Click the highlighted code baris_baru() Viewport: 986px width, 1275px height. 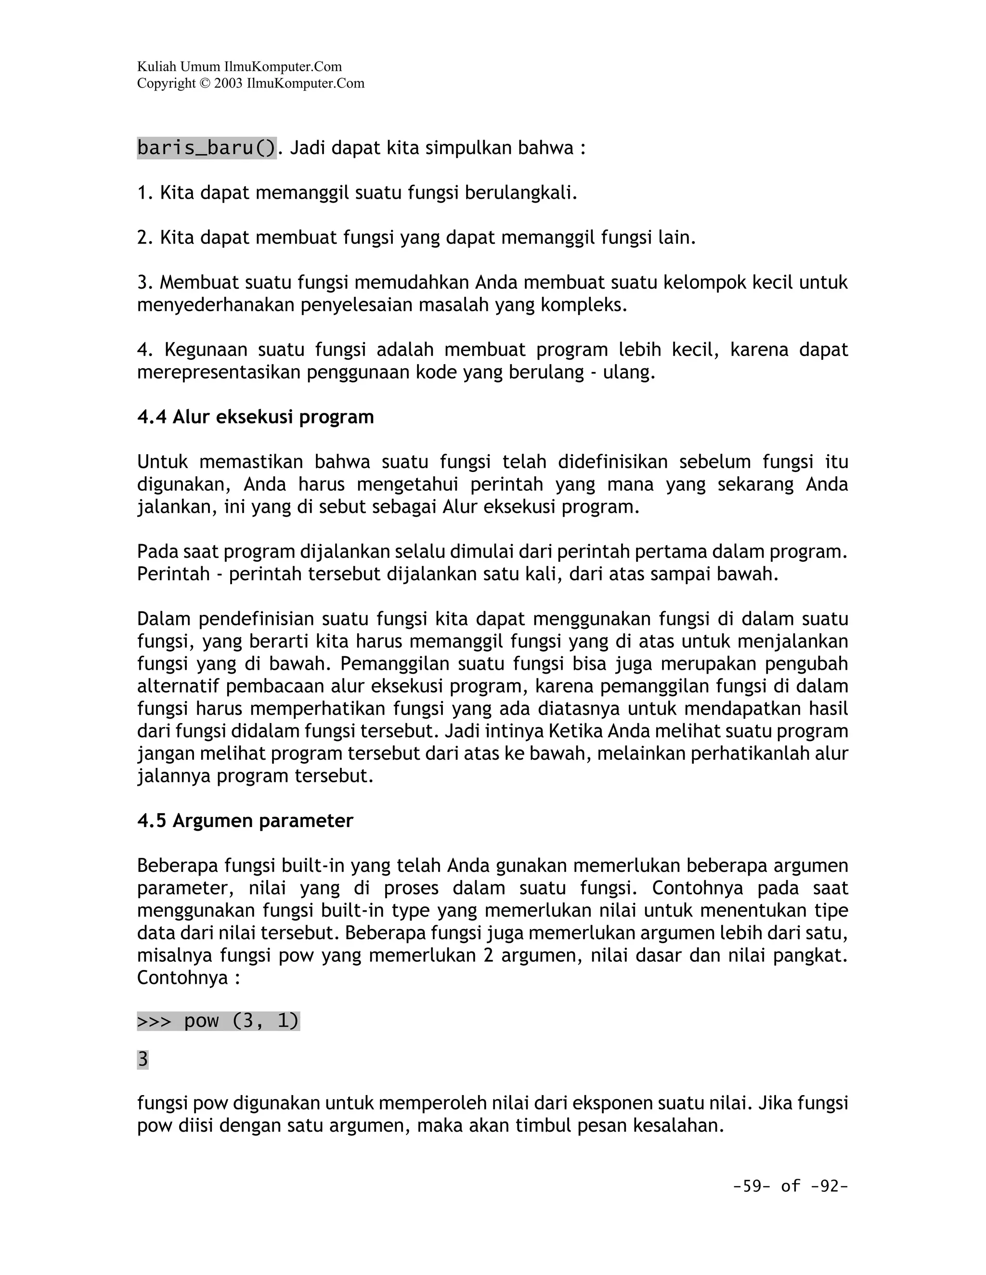(206, 148)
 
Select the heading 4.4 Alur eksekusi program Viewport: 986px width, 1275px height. (255, 418)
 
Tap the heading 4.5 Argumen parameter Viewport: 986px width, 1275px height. (246, 821)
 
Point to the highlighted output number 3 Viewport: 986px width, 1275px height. (143, 1059)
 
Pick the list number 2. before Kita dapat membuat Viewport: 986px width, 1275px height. (145, 238)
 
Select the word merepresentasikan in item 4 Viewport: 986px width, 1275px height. (219, 372)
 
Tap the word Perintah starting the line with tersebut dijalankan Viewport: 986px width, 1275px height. (173, 574)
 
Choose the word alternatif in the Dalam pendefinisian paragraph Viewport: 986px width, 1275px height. (179, 687)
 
